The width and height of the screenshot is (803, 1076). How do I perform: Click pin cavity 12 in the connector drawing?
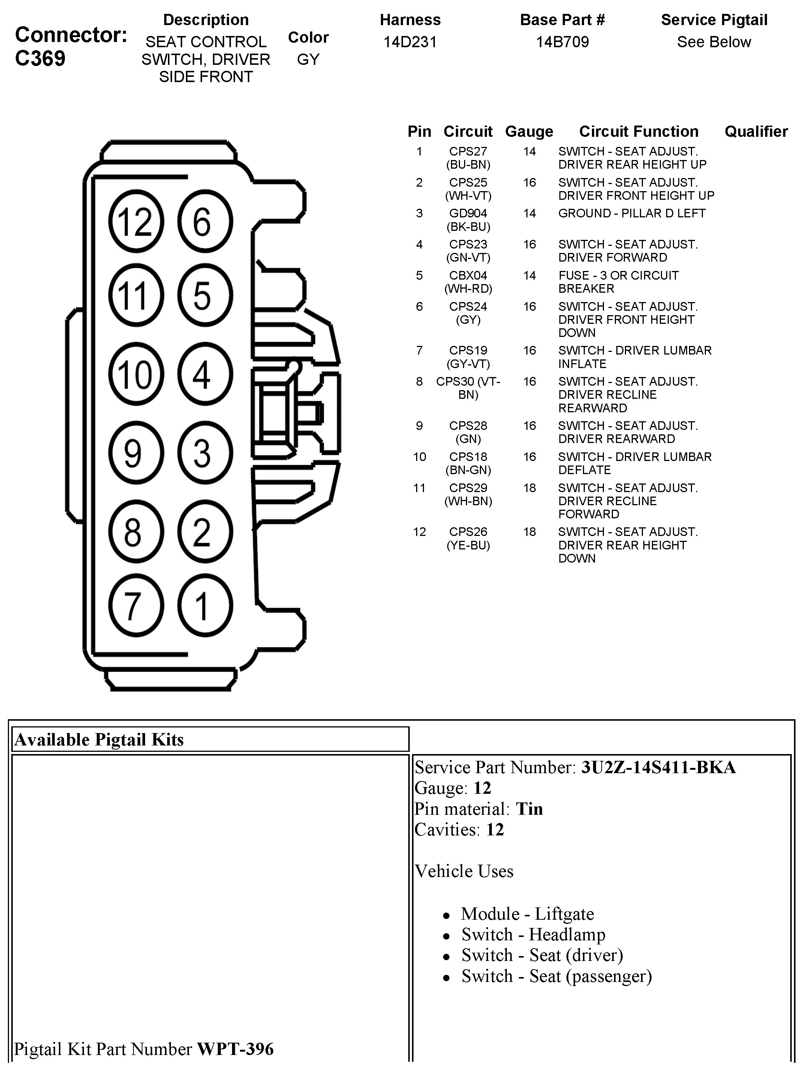tap(136, 221)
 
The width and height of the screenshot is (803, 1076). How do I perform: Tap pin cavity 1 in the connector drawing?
tap(205, 606)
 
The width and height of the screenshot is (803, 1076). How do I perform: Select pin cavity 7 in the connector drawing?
tap(136, 606)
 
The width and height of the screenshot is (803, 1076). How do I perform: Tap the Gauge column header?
tap(529, 131)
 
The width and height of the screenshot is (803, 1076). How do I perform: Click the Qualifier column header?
tap(756, 131)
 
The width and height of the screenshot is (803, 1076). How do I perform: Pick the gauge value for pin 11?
tap(529, 488)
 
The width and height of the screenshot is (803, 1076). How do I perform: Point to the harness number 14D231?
tap(410, 42)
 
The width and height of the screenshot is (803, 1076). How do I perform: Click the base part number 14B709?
tap(562, 42)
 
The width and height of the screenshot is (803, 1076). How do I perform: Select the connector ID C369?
tap(40, 58)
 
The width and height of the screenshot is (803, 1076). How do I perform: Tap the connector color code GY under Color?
tap(308, 59)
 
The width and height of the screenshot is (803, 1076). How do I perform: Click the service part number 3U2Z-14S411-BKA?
tap(658, 768)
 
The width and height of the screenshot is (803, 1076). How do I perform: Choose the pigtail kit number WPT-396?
tap(235, 1049)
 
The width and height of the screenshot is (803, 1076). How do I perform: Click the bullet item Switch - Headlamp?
tap(533, 935)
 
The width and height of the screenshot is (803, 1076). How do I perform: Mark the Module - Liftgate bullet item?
tap(527, 914)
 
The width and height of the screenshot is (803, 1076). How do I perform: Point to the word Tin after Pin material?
tap(529, 809)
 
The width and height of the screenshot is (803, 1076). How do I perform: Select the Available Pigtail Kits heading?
tap(99, 740)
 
